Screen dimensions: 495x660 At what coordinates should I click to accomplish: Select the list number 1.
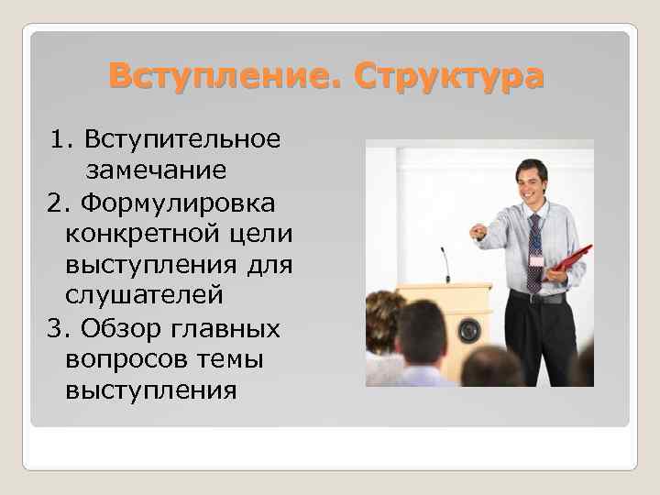[x=60, y=139]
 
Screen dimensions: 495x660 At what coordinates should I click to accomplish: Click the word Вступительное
[x=181, y=139]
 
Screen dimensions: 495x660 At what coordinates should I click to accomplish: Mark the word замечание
[x=156, y=170]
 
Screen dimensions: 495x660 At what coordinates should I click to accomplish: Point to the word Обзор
[x=120, y=328]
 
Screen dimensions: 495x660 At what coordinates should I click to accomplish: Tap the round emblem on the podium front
[x=469, y=328]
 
